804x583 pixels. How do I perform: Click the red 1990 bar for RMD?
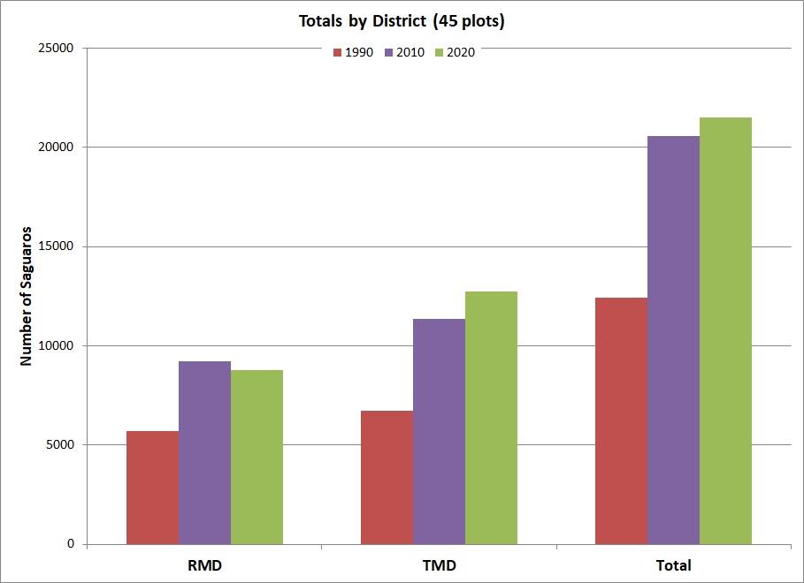[x=152, y=488]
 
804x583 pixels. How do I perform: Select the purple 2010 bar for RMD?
[x=204, y=452]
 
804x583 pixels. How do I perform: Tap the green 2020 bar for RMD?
[x=257, y=457]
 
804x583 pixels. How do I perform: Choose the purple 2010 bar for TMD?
[x=439, y=431]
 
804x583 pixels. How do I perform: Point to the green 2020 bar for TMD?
[x=491, y=418]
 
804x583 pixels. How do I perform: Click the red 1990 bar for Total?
[x=621, y=420]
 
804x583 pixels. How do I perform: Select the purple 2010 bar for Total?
[x=673, y=340]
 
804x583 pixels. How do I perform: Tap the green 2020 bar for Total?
[x=725, y=330]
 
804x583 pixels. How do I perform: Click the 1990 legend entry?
[x=354, y=52]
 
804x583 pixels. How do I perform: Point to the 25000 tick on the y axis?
[x=57, y=48]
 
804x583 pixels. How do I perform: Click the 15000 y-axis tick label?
[x=57, y=246]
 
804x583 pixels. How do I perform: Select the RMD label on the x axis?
[x=204, y=564]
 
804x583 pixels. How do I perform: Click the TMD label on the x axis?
[x=439, y=564]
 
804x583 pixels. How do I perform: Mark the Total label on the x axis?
[x=673, y=564]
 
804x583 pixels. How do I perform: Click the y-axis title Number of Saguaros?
[x=27, y=296]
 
